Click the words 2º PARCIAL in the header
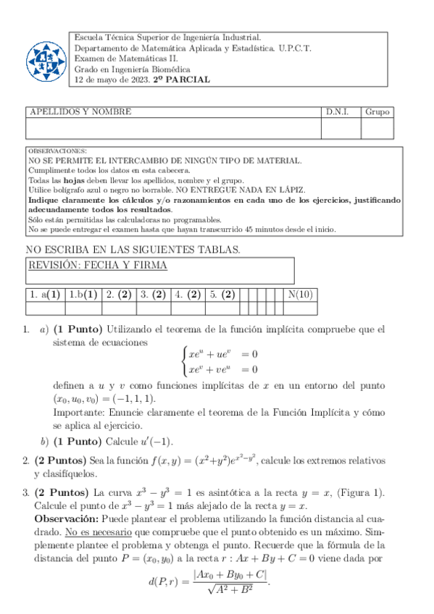181,80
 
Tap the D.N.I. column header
337,112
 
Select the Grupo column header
377,112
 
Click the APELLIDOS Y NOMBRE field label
80,112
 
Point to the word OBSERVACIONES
57,151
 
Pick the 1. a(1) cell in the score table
44,295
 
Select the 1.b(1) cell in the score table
83,295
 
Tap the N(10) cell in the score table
301,295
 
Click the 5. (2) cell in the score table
222,295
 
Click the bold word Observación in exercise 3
67,519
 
